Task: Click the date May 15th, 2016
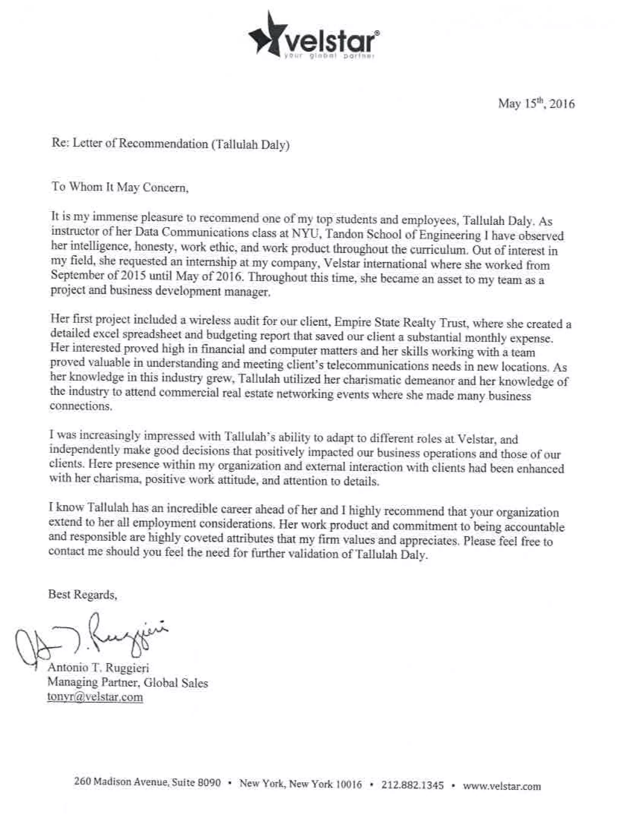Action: pyautogui.click(x=536, y=104)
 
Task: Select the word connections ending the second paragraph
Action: pyautogui.click(x=80, y=406)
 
